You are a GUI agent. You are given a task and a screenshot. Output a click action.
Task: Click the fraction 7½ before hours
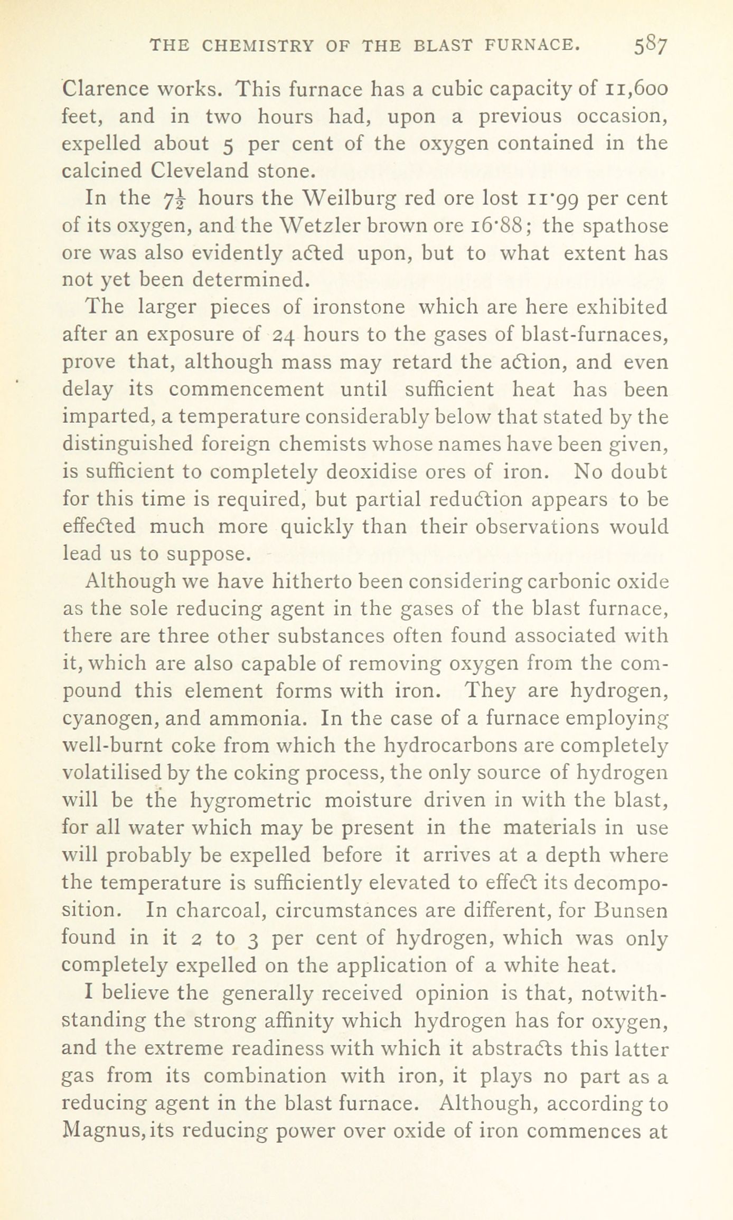point(173,198)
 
